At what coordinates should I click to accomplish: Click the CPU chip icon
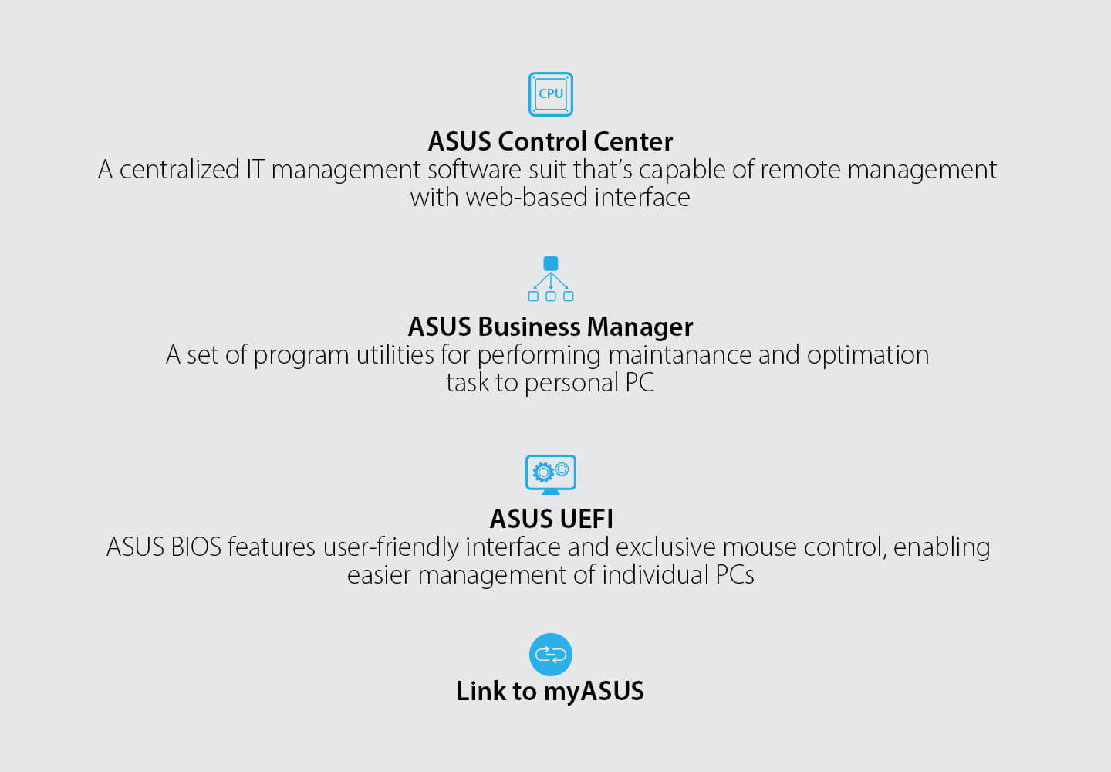point(551,94)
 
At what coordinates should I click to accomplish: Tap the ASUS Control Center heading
point(551,141)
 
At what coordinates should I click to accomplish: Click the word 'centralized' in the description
point(180,170)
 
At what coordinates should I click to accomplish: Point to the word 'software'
point(474,170)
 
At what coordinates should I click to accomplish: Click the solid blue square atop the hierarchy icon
point(551,263)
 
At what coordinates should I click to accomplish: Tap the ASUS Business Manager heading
point(551,327)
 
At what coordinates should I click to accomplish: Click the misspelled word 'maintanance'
point(680,355)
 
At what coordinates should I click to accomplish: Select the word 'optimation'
point(868,355)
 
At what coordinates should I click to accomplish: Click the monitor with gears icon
point(551,475)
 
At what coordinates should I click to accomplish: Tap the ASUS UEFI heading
point(551,519)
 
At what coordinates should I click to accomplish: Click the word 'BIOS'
point(196,547)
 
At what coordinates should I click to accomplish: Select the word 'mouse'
point(759,547)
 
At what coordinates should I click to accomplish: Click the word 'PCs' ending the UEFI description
point(734,576)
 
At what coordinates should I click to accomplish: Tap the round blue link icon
point(551,655)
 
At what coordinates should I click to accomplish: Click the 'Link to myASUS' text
point(550,692)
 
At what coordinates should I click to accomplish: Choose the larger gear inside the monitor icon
point(544,472)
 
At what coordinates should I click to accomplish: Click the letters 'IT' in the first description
point(255,170)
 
